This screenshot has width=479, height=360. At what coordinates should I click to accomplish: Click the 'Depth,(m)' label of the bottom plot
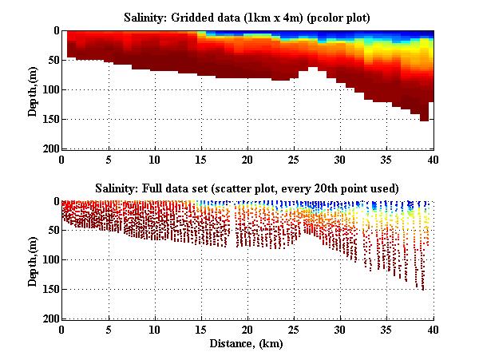pos(33,260)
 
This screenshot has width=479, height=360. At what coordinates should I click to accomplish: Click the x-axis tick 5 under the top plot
pos(108,159)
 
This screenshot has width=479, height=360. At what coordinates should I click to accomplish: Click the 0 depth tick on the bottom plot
pos(55,202)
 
